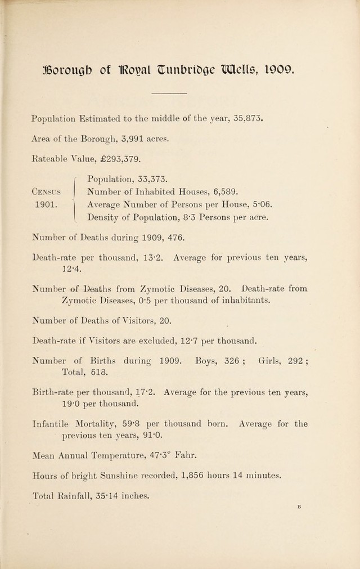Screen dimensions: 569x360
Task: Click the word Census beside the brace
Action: tap(48, 192)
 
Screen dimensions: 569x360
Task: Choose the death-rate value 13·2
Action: tap(153, 258)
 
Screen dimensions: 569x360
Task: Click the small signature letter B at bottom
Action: tap(300, 507)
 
